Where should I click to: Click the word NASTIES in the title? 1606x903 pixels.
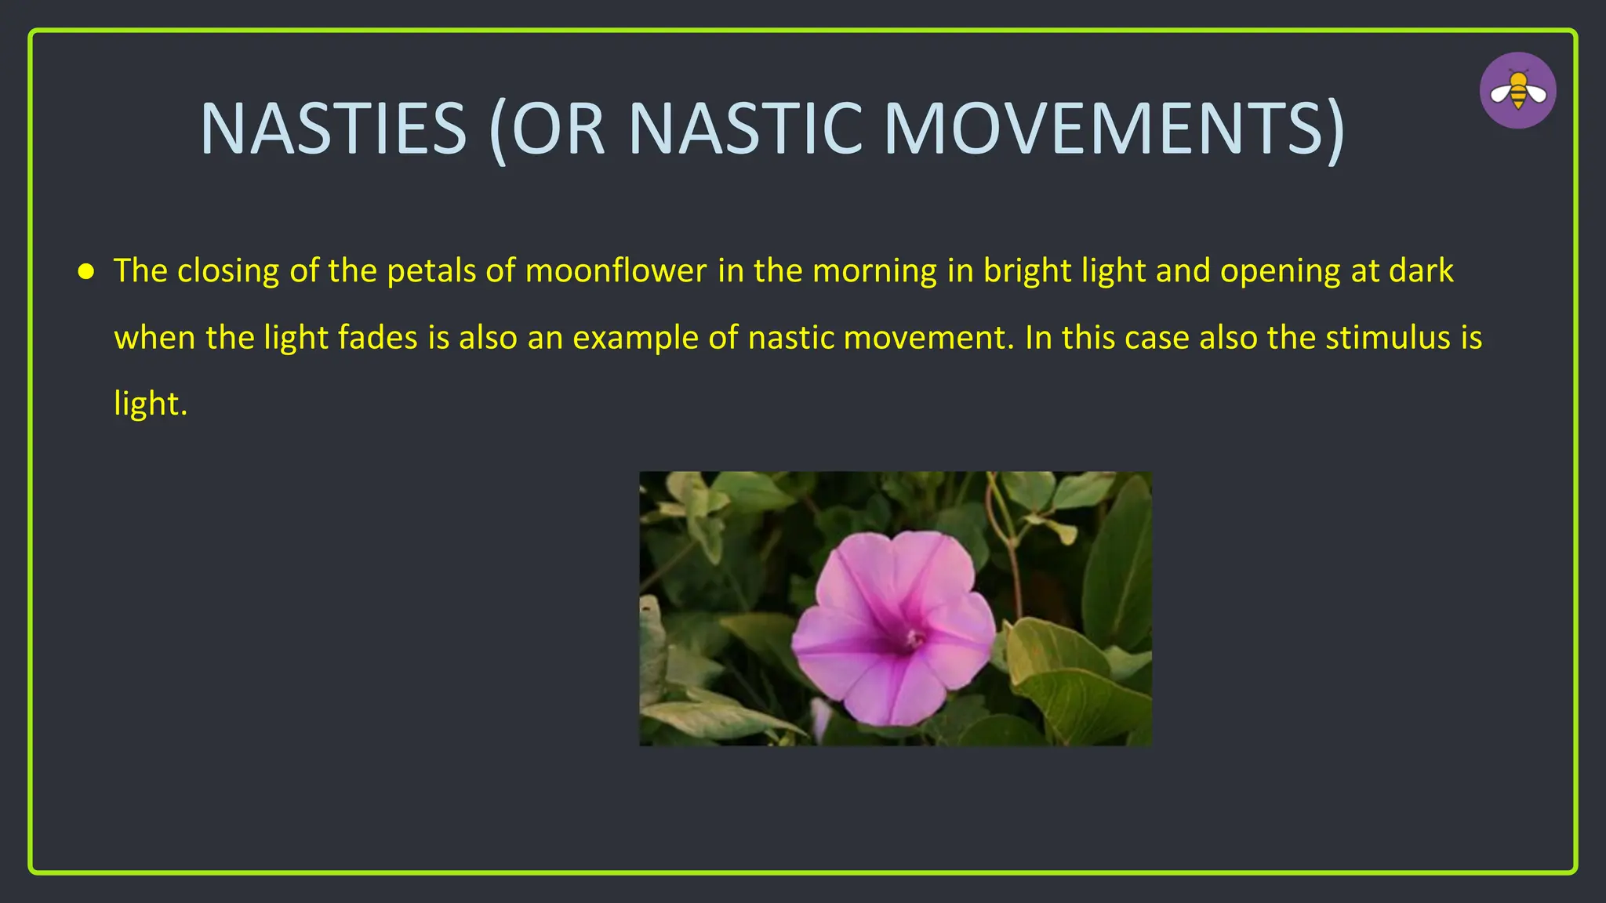click(334, 129)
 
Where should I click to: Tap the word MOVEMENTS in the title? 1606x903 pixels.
click(1114, 129)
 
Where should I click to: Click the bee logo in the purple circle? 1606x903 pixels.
click(1517, 91)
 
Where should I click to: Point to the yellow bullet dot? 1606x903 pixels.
click(86, 272)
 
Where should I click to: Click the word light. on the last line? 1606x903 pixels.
click(151, 404)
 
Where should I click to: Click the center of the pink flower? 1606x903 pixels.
click(913, 640)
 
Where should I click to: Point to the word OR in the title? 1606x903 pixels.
click(558, 129)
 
